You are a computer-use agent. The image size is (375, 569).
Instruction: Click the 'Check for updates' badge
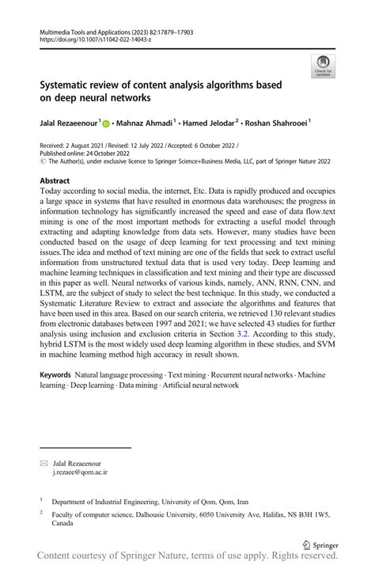(x=322, y=66)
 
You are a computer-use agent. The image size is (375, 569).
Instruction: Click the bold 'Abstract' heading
(x=59, y=181)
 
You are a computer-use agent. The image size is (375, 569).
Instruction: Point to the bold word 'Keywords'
(x=55, y=372)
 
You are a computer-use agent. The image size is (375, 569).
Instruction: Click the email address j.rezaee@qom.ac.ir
(x=80, y=472)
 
